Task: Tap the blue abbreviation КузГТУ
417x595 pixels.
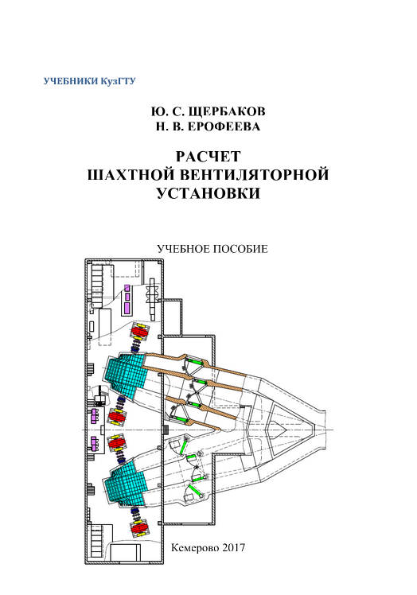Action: pyautogui.click(x=118, y=81)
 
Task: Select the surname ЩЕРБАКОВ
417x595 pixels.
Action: pyautogui.click(x=227, y=111)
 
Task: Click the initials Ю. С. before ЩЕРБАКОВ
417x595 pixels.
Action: pyautogui.click(x=167, y=111)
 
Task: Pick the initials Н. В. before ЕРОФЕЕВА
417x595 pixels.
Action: pyautogui.click(x=170, y=126)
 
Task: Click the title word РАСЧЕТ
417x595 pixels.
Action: pyautogui.click(x=208, y=157)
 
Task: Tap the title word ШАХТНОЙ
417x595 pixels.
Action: pyautogui.click(x=131, y=175)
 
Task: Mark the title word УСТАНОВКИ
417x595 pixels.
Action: pyautogui.click(x=208, y=193)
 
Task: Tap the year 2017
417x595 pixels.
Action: pyautogui.click(x=233, y=547)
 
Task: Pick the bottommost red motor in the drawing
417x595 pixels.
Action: pyautogui.click(x=139, y=527)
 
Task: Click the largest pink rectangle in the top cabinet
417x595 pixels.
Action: pyautogui.click(x=127, y=307)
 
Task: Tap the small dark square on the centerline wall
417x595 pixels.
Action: pyautogui.click(x=166, y=430)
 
